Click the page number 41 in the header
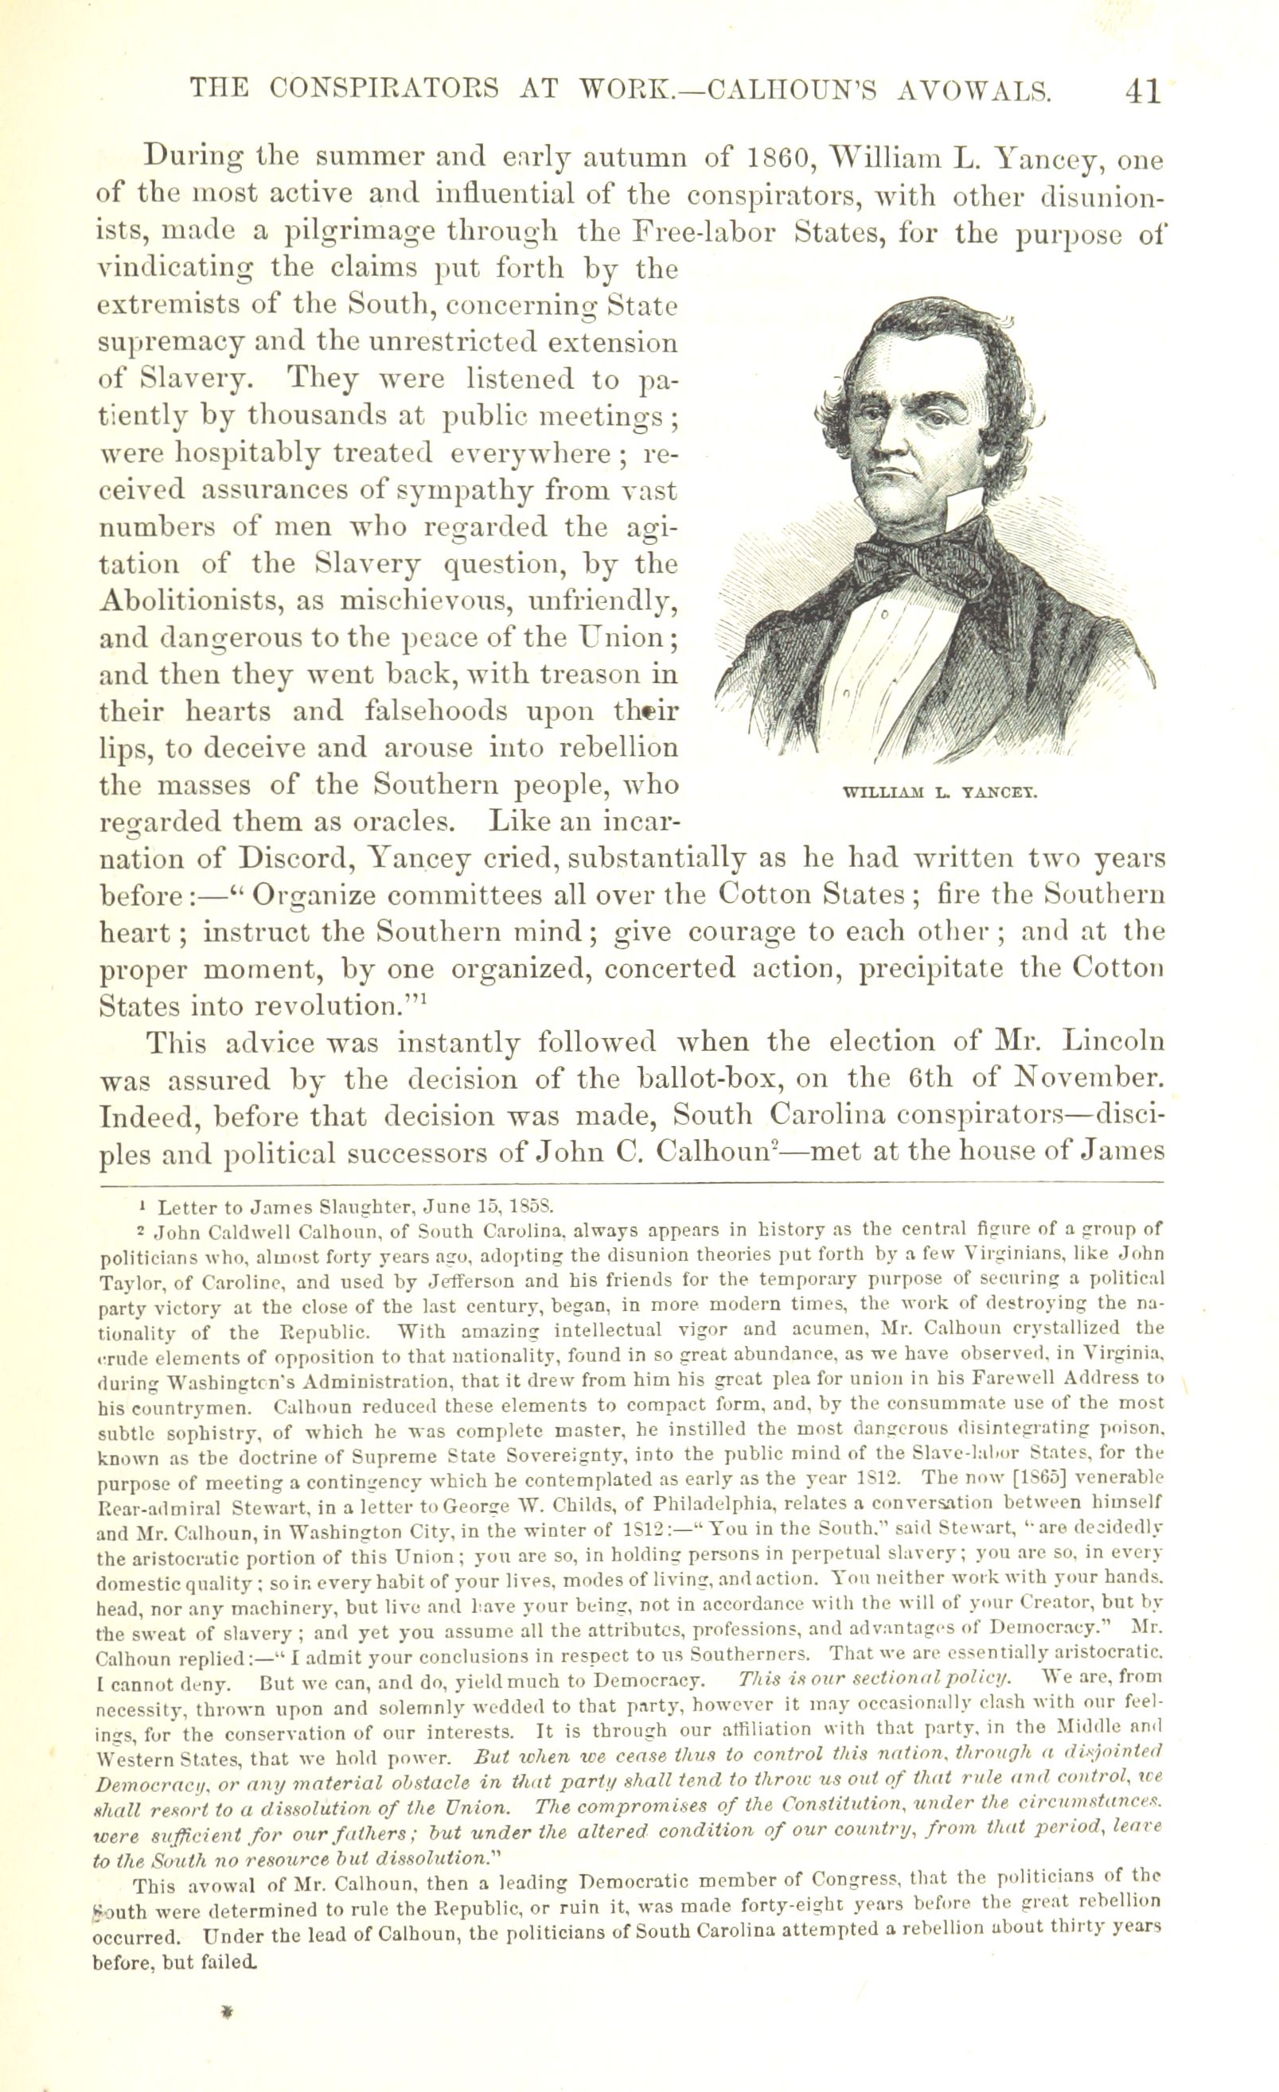coord(1141,91)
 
